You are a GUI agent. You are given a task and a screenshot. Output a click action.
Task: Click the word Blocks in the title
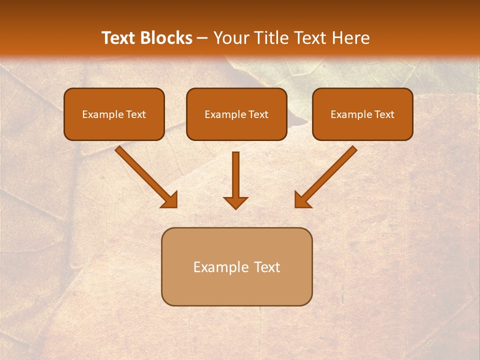pyautogui.click(x=165, y=38)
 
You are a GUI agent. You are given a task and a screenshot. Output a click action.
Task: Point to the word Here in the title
pyautogui.click(x=350, y=38)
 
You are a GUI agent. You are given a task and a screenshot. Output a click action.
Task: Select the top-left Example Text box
pyautogui.click(x=114, y=114)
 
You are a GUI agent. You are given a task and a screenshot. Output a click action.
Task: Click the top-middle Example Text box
pyautogui.click(x=236, y=114)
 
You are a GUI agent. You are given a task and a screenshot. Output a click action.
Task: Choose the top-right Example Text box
pyautogui.click(x=362, y=114)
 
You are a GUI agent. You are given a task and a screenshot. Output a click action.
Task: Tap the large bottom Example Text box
pyautogui.click(x=236, y=266)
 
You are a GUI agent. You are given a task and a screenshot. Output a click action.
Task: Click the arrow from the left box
pyautogui.click(x=145, y=175)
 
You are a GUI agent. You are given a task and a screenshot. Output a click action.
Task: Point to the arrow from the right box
pyautogui.click(x=327, y=175)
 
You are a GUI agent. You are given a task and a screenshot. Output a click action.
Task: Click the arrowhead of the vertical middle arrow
pyautogui.click(x=235, y=202)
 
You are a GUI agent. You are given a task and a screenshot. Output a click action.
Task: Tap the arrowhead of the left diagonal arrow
pyautogui.click(x=170, y=200)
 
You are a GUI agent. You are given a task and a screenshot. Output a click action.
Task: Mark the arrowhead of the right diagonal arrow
pyautogui.click(x=302, y=200)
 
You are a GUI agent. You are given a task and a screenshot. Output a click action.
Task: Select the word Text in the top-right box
pyautogui.click(x=384, y=114)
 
